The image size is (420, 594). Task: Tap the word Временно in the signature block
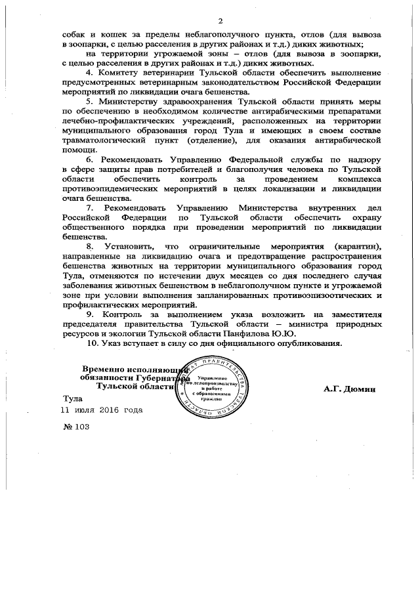[x=104, y=370]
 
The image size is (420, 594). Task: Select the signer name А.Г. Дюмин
[x=348, y=389]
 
